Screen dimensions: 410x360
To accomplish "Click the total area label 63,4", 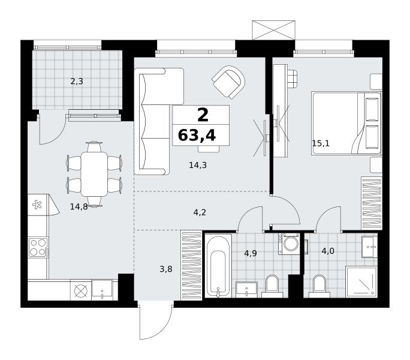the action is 197,136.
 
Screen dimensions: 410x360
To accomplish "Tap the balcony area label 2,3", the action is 77,82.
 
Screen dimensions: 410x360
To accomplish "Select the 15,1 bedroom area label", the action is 321,143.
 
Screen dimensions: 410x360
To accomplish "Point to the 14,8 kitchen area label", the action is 79,207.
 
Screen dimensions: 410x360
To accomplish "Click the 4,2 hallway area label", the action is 200,212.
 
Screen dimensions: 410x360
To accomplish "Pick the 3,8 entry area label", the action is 166,269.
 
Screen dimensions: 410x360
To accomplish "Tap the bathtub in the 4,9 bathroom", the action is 218,266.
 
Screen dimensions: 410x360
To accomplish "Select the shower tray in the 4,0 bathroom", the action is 361,282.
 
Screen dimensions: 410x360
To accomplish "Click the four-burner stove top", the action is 38,247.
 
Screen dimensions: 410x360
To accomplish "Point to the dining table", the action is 94,174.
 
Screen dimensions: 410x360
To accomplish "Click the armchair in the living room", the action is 229,82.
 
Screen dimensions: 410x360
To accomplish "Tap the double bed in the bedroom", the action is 346,123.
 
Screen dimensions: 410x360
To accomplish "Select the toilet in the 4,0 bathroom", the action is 319,286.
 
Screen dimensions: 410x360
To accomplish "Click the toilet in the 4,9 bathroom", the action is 272,286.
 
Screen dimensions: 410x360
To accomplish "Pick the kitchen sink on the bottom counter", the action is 103,290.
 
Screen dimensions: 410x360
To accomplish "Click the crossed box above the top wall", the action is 273,30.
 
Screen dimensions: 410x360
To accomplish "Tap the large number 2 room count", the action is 203,115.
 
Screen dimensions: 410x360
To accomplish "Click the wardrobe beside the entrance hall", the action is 191,265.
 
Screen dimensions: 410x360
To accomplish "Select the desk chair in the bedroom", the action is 293,79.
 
